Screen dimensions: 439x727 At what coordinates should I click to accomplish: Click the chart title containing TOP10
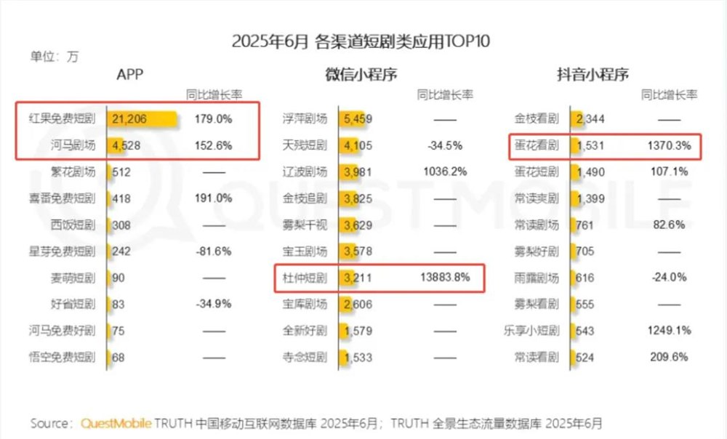pyautogui.click(x=361, y=41)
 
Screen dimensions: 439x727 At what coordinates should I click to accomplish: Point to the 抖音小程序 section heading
pyautogui.click(x=593, y=74)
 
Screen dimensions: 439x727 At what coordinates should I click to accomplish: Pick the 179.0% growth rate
pyautogui.click(x=213, y=118)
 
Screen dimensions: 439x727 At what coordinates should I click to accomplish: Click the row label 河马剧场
pyautogui.click(x=72, y=145)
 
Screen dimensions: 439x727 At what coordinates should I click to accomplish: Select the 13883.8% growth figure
pyautogui.click(x=445, y=278)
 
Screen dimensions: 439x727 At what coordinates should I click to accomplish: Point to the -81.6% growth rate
pyautogui.click(x=213, y=251)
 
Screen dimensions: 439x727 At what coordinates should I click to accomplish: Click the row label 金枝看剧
pyautogui.click(x=537, y=118)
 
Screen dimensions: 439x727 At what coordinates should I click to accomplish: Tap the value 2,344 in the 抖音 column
pyautogui.click(x=590, y=118)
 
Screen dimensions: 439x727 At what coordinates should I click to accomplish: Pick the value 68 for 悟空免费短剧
pyautogui.click(x=118, y=357)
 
